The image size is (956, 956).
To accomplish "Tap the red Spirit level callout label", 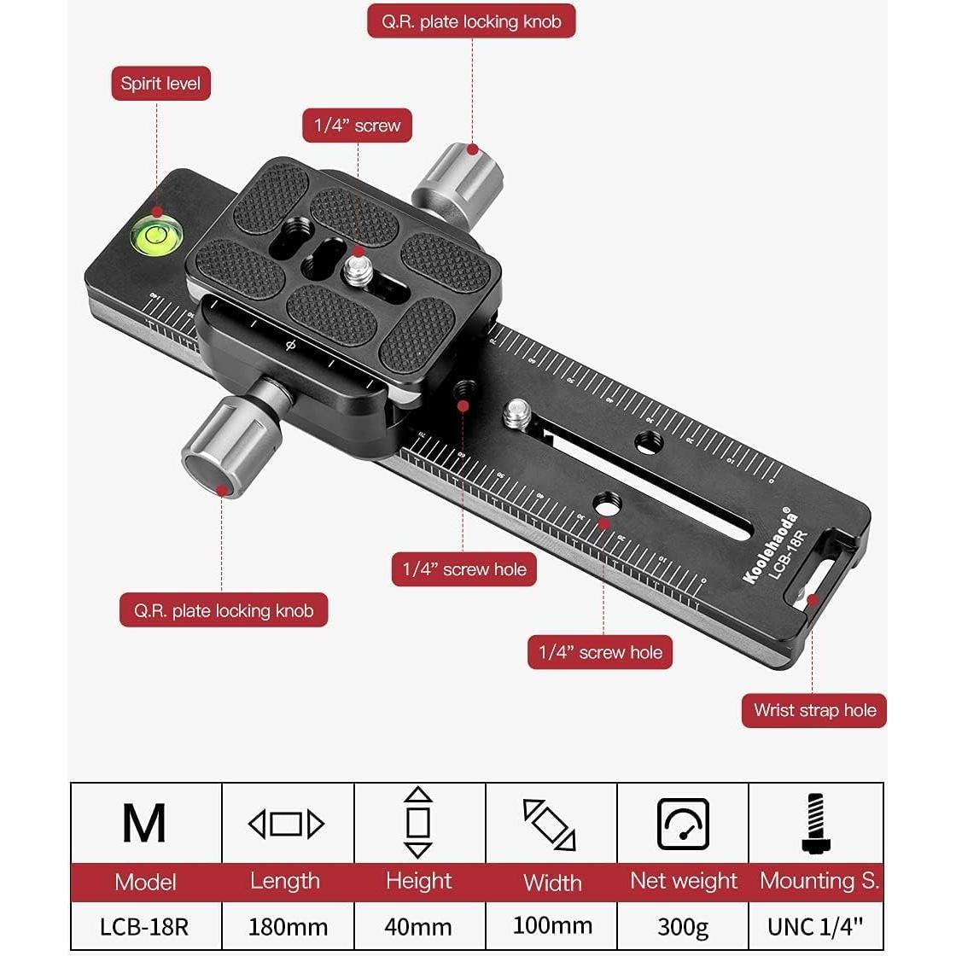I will pyautogui.click(x=160, y=84).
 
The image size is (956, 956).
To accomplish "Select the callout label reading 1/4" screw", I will pyautogui.click(x=357, y=125).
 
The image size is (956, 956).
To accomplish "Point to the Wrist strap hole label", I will pyautogui.click(x=814, y=710).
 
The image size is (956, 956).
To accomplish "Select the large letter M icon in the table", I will pyautogui.click(x=144, y=824).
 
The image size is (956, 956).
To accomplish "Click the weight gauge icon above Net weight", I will pyautogui.click(x=683, y=824).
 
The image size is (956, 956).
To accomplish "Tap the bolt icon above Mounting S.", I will pyautogui.click(x=815, y=824).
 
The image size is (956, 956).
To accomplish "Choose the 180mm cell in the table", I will pyautogui.click(x=288, y=926).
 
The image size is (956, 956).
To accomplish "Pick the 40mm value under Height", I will pyautogui.click(x=419, y=926).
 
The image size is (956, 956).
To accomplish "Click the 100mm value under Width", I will pyautogui.click(x=552, y=925).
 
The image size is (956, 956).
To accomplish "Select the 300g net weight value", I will pyautogui.click(x=683, y=926).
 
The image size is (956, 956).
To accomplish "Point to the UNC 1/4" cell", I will pyautogui.click(x=816, y=926).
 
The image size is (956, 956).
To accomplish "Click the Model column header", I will pyautogui.click(x=145, y=882).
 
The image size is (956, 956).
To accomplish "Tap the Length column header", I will pyautogui.click(x=285, y=881).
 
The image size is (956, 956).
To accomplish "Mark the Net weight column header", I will pyautogui.click(x=683, y=881).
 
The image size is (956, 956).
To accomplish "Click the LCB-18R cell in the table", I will pyautogui.click(x=144, y=926).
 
